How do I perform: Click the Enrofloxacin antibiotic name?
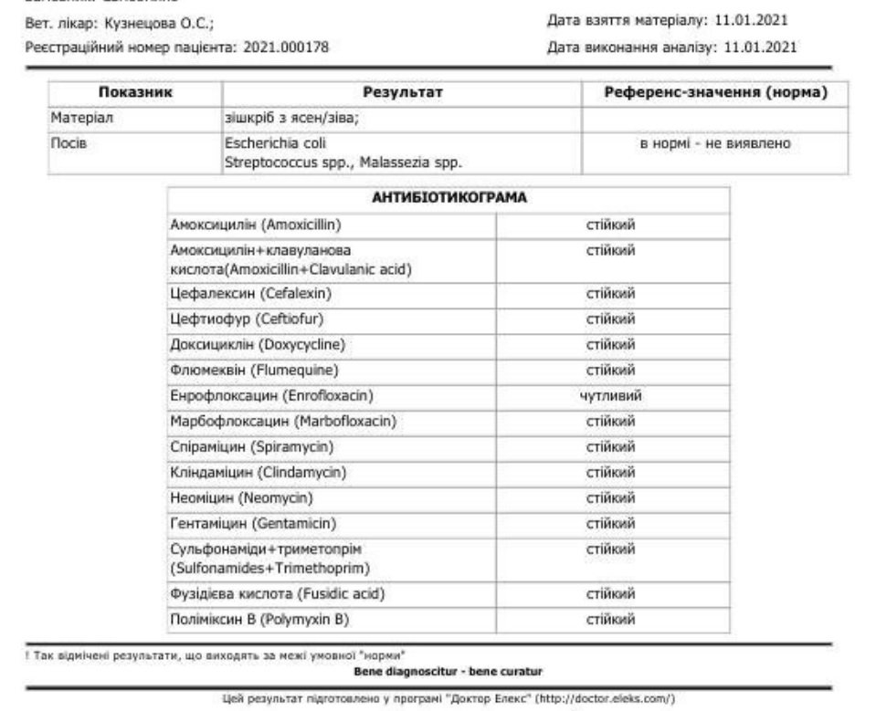[272, 396]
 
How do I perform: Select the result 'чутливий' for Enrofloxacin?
[610, 396]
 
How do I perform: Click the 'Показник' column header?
[135, 93]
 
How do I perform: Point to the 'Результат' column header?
[402, 93]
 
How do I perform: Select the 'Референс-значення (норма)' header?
[716, 93]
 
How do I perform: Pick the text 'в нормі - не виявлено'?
[715, 144]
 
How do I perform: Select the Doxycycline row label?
[257, 345]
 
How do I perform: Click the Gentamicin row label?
[253, 523]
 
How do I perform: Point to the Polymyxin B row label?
[259, 620]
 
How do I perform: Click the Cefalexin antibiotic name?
[250, 294]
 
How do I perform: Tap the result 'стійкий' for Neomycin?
[610, 498]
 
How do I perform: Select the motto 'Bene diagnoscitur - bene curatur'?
[448, 673]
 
